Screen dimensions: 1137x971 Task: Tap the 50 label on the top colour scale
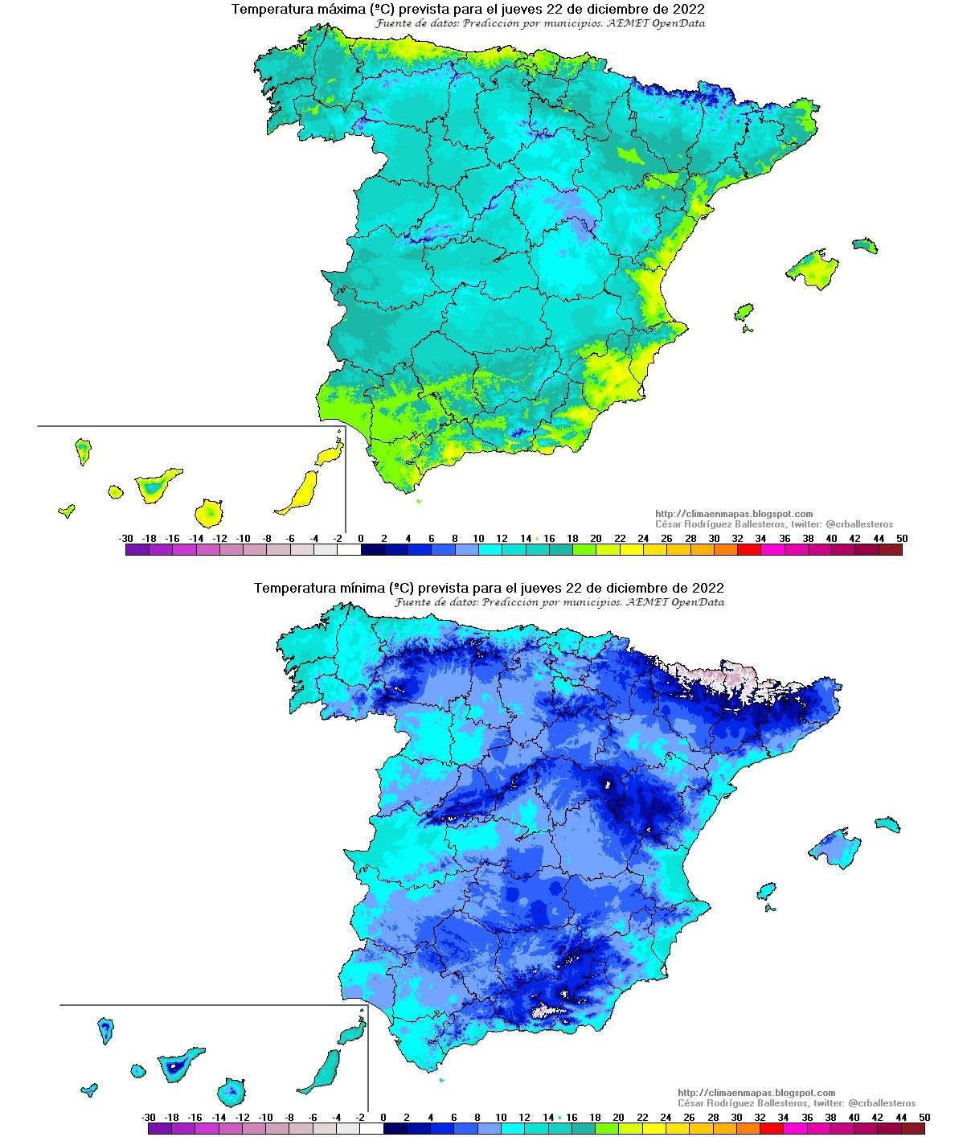tap(902, 539)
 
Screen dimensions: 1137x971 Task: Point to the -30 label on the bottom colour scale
tap(148, 1118)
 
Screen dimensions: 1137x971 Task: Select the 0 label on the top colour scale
tap(360, 539)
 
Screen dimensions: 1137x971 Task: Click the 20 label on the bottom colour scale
tap(618, 1118)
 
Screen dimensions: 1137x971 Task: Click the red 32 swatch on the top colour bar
tap(748, 551)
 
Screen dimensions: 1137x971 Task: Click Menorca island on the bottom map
tap(888, 824)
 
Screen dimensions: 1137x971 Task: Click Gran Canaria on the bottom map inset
tap(231, 1092)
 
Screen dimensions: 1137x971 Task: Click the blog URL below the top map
tap(734, 514)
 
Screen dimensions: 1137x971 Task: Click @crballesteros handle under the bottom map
tap(881, 1103)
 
